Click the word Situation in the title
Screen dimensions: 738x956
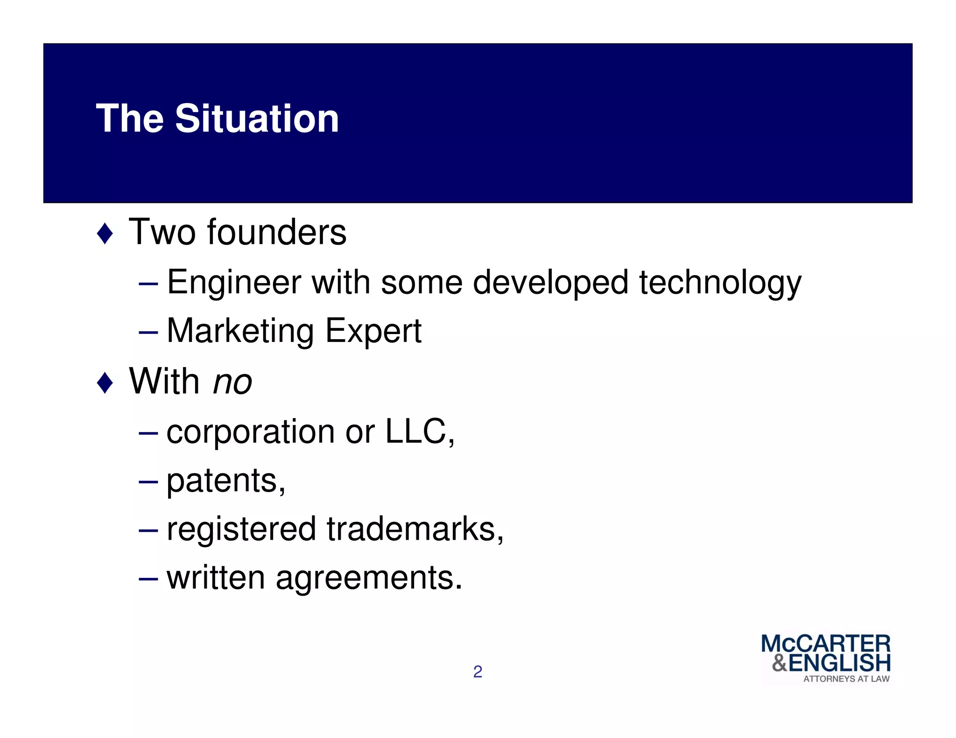(257, 118)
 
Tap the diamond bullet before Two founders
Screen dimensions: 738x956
(105, 233)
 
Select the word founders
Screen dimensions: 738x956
(277, 232)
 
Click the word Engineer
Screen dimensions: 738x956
(234, 283)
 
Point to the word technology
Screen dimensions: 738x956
(720, 283)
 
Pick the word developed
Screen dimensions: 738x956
(550, 283)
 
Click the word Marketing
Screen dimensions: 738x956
(240, 331)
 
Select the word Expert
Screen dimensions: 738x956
(373, 331)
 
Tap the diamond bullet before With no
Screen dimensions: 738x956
(105, 383)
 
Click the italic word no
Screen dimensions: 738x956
(232, 382)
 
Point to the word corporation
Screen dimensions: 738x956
(250, 432)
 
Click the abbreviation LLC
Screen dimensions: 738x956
(415, 431)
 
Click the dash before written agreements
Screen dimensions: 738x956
(148, 579)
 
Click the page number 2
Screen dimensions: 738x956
(478, 672)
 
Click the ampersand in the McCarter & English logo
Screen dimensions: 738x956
(779, 663)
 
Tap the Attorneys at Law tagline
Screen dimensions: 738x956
(846, 679)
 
